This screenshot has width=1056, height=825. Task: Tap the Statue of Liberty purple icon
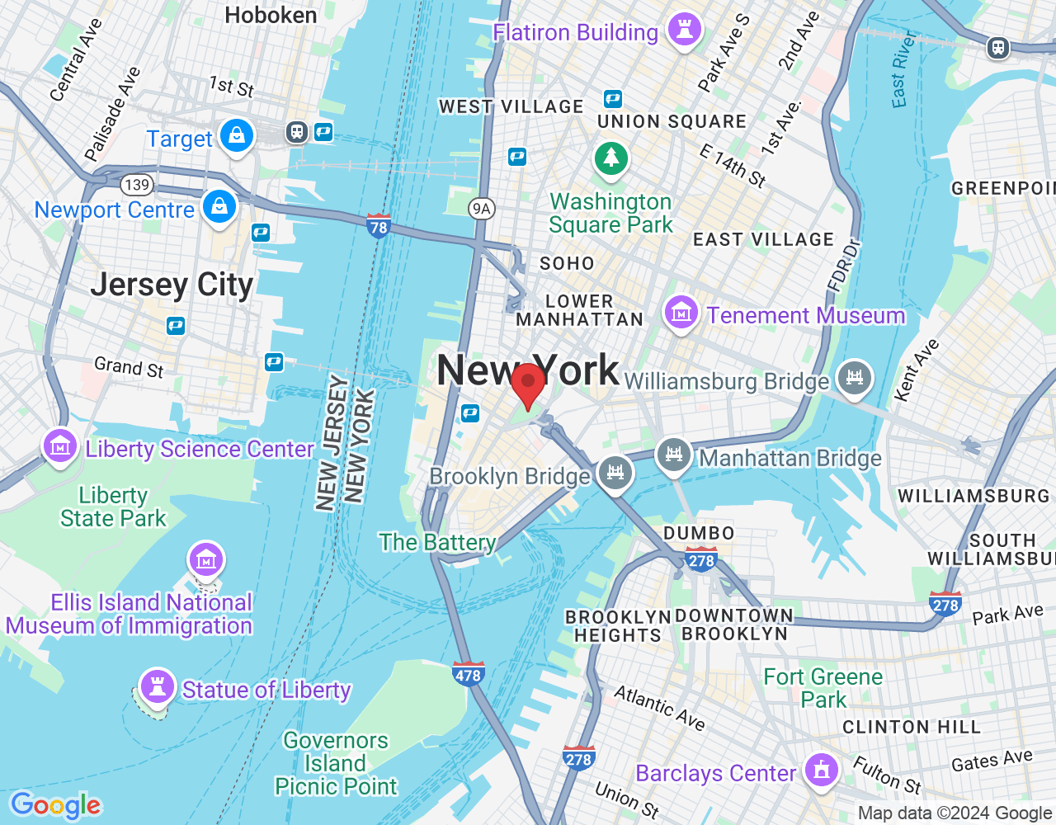point(157,686)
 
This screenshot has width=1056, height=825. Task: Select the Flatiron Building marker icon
point(684,30)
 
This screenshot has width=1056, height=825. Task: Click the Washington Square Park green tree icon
point(611,157)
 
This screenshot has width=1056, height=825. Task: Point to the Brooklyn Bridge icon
point(615,474)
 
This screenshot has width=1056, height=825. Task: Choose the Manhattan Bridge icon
point(673,455)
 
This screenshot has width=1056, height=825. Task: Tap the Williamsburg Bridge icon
point(854,378)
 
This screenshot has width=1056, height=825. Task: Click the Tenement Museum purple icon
point(681,313)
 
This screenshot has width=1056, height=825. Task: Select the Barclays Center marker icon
point(821,771)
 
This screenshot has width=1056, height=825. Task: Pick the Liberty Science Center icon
point(59,447)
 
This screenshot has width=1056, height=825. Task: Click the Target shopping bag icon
point(237,135)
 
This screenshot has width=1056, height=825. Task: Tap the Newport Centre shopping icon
point(219,206)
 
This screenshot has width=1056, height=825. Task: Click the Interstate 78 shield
point(379,225)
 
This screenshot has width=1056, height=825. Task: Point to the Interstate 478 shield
point(468,674)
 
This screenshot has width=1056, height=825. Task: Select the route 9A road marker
point(482,209)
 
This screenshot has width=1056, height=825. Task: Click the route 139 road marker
point(136,185)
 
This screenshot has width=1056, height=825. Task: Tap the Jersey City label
point(172,285)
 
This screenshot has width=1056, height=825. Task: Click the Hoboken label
point(271,15)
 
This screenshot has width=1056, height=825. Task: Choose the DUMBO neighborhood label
point(699,533)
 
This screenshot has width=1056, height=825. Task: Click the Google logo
point(55,805)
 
